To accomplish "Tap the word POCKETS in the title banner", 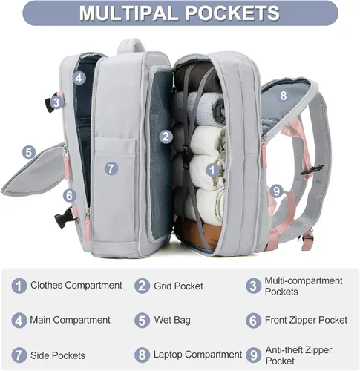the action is pyautogui.click(x=233, y=13).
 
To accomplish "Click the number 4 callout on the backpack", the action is pyautogui.click(x=79, y=79).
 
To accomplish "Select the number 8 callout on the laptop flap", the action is pyautogui.click(x=284, y=96).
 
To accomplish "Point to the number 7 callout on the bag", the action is pyautogui.click(x=111, y=169).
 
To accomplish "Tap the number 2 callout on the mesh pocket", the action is pyautogui.click(x=166, y=137).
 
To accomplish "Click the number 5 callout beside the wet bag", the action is pyautogui.click(x=29, y=152).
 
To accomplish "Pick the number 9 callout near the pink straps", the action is pyautogui.click(x=276, y=191).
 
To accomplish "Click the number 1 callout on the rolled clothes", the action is pyautogui.click(x=212, y=170).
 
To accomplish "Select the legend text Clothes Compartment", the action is pyautogui.click(x=76, y=286).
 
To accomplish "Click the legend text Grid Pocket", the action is pyautogui.click(x=178, y=286).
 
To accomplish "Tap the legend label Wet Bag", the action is pyautogui.click(x=172, y=320).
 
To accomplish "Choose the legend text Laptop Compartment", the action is pyautogui.click(x=197, y=355).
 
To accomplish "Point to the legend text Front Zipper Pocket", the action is pyautogui.click(x=307, y=320).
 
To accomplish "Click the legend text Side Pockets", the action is pyautogui.click(x=58, y=355).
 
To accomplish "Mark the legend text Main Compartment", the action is pyautogui.click(x=70, y=320).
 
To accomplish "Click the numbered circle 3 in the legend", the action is pyautogui.click(x=253, y=286).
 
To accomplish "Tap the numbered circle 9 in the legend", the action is pyautogui.click(x=253, y=355).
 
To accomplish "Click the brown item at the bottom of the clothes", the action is pyautogui.click(x=200, y=234).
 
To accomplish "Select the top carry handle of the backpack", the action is pyautogui.click(x=131, y=45).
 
